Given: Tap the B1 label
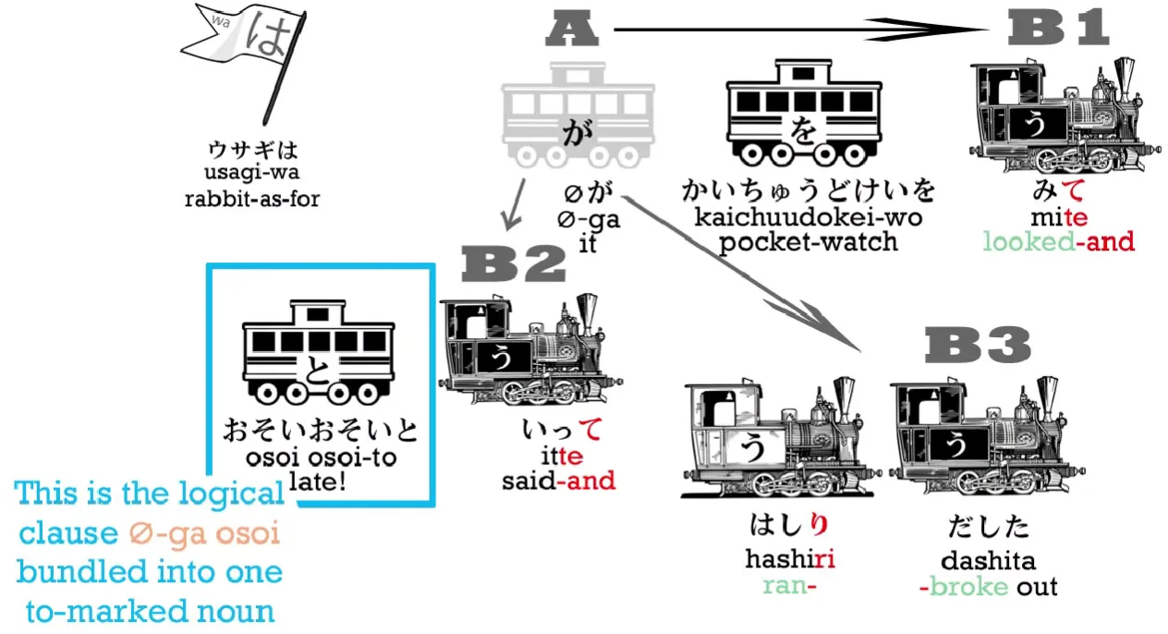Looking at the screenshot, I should coord(1058,29).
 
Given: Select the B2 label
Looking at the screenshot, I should coord(514,264).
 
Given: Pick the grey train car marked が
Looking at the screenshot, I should coord(578,116).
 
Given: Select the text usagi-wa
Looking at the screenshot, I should coord(253,173).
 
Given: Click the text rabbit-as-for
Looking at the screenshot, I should coord(253,198).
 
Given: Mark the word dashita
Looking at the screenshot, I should coord(988,561).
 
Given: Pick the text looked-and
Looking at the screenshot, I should coord(1058,242).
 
